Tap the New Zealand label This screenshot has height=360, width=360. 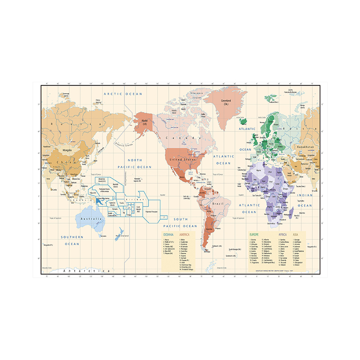pyautogui.click(x=122, y=236)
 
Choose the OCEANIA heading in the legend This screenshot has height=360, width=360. pyautogui.click(x=167, y=235)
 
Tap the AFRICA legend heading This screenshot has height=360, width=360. pyautogui.click(x=283, y=235)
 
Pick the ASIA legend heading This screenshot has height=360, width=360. pyautogui.click(x=296, y=235)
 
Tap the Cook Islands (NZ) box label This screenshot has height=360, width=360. pyautogui.click(x=139, y=209)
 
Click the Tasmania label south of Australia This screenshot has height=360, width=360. pyautogui.click(x=103, y=236)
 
